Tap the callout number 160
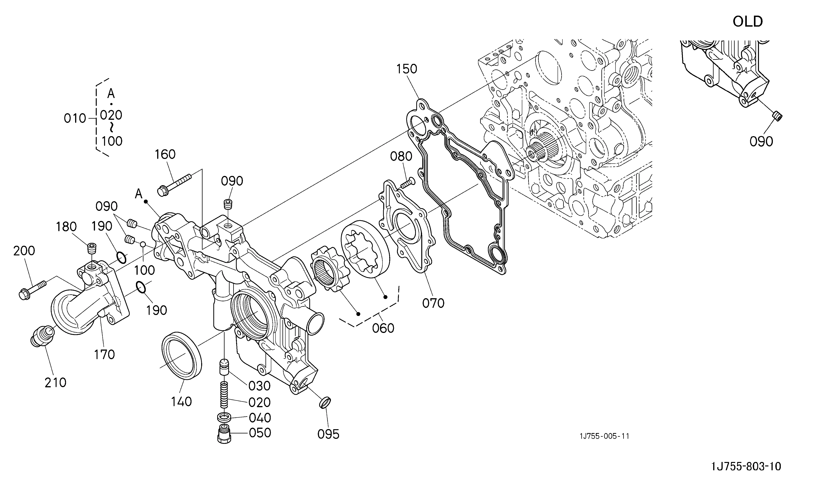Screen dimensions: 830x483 (165, 154)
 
